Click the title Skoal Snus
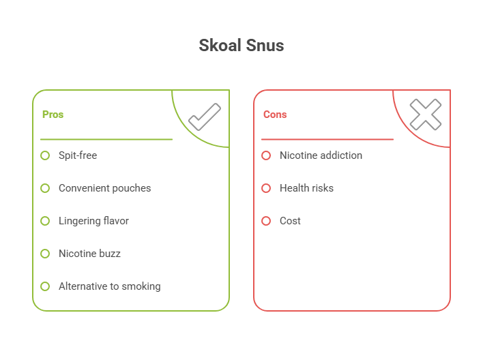point(241,46)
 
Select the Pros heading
point(53,115)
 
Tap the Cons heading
point(275,115)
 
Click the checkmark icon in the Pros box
point(204,117)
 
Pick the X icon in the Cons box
point(425,115)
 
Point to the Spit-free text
point(78,155)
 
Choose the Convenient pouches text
point(104,188)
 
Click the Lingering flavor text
point(93,221)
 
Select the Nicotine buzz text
point(89,254)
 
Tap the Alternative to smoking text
point(109,286)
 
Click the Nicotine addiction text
point(321,155)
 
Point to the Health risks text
point(306,188)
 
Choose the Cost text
point(290,221)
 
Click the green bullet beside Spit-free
point(45,155)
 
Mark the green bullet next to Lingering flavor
point(45,221)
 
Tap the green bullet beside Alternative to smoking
point(45,286)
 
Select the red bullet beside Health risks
point(266,188)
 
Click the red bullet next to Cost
point(266,221)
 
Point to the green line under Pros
point(106,139)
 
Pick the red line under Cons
point(327,139)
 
